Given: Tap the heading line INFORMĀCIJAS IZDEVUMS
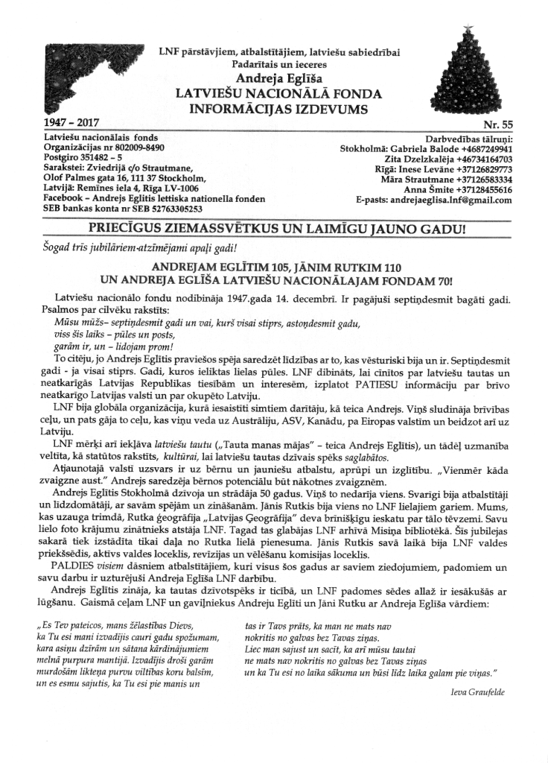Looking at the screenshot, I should tap(274, 107).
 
